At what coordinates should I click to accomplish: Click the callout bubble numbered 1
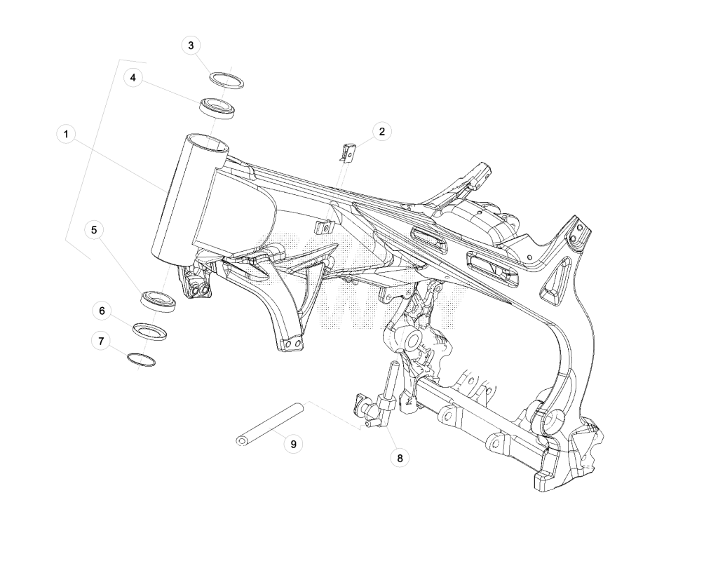[x=66, y=134]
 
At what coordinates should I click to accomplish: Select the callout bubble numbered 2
[x=382, y=132]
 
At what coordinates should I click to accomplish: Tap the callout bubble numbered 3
[x=191, y=46]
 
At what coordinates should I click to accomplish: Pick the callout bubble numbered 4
[x=133, y=78]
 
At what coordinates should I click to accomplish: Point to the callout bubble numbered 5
[x=95, y=230]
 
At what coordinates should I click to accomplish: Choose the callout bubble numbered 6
[x=102, y=311]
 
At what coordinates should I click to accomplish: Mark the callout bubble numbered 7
[x=101, y=342]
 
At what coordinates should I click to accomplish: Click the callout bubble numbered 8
[x=400, y=458]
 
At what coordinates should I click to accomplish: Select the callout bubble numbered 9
[x=294, y=444]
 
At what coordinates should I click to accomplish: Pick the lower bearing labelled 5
[x=158, y=302]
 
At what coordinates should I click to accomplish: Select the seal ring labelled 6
[x=149, y=331]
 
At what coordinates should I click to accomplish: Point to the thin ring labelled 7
[x=141, y=360]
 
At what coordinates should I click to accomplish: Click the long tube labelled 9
[x=270, y=424]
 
